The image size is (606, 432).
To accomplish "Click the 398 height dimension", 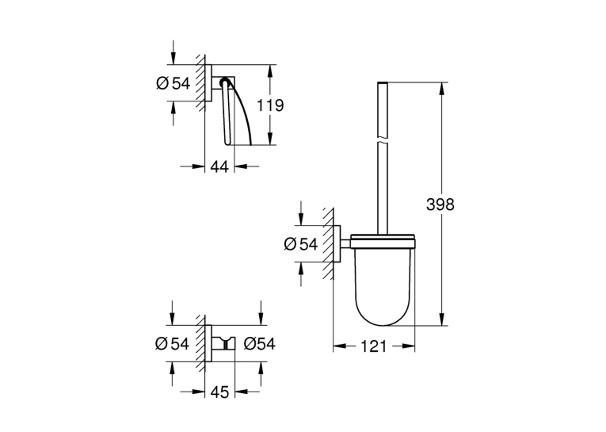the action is [440, 205].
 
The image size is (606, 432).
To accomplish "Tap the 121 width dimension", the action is [373, 346].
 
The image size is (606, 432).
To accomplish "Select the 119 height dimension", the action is [271, 105].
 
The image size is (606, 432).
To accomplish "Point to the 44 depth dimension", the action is [219, 166].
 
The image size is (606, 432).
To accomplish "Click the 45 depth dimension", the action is [219, 392].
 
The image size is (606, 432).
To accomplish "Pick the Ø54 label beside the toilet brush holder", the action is [301, 244].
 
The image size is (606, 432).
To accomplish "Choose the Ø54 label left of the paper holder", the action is [173, 83].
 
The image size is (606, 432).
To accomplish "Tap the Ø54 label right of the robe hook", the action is [260, 344].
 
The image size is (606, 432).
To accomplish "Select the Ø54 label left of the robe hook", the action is [172, 344].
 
